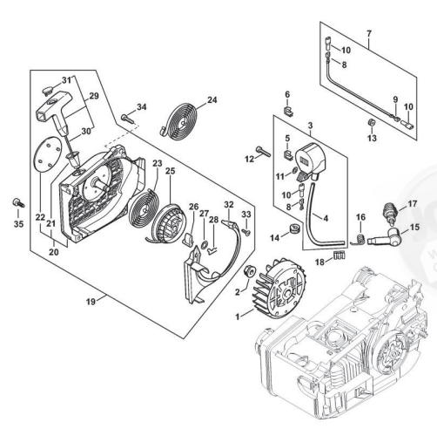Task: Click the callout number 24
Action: (x=212, y=100)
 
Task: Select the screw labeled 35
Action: (x=18, y=202)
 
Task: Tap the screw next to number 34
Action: (x=128, y=119)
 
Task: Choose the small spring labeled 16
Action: (x=360, y=240)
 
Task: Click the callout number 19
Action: (x=91, y=302)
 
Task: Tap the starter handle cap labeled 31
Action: (x=48, y=90)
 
